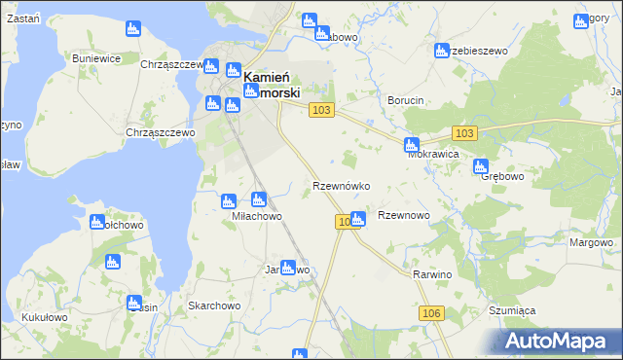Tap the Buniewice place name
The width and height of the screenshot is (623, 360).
(x=96, y=58)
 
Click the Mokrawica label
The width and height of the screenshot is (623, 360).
(x=433, y=154)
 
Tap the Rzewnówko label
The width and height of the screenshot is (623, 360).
(x=340, y=185)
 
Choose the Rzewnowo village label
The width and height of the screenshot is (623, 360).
(x=403, y=216)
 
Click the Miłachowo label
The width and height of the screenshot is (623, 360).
(x=257, y=216)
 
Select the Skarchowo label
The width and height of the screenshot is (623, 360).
(x=214, y=306)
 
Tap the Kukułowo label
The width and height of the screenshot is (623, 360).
(x=44, y=317)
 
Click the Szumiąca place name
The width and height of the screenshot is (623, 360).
(x=512, y=310)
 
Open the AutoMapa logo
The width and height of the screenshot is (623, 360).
(x=559, y=341)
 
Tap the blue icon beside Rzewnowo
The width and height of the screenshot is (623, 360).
(x=357, y=220)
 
